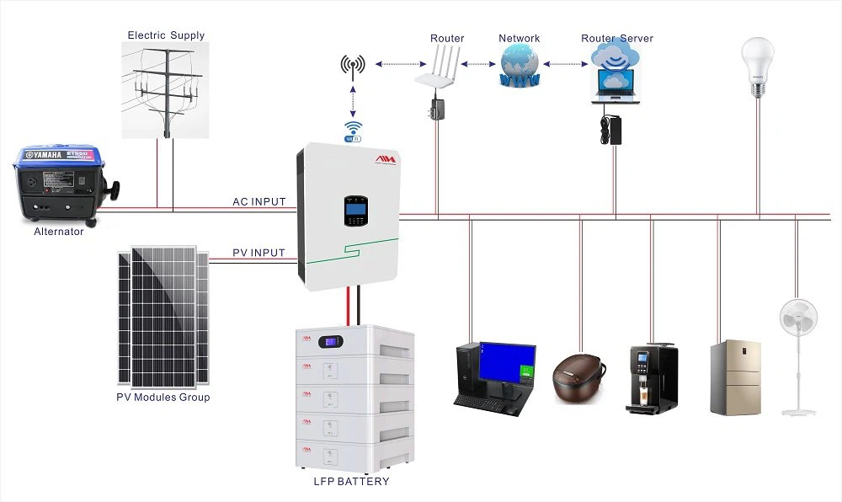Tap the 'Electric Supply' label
(166, 35)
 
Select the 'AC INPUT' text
(258, 202)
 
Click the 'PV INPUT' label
(258, 253)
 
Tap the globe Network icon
(519, 66)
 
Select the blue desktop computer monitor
(508, 364)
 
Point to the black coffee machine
(652, 378)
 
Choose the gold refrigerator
(735, 377)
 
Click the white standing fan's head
(797, 319)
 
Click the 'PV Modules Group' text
(163, 397)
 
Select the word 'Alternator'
(58, 232)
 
